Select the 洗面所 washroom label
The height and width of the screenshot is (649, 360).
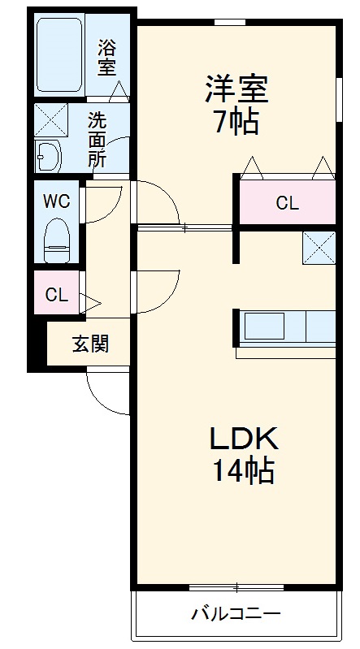point(98,139)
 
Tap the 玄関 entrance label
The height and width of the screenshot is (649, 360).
point(90,344)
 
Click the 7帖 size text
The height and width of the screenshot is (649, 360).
point(236,122)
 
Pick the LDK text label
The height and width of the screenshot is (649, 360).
point(244,439)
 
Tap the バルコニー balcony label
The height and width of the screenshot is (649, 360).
point(236,613)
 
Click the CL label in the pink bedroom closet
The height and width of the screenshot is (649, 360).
point(287,203)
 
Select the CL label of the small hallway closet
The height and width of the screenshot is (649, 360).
point(57,295)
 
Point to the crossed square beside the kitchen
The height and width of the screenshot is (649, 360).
point(319,248)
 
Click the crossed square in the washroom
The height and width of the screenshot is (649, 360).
point(50,120)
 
